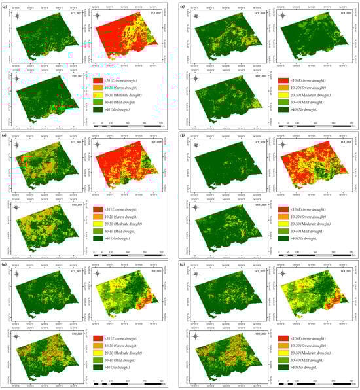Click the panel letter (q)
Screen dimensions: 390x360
[x=6, y=7]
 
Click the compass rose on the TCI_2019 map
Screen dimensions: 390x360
[x=99, y=142]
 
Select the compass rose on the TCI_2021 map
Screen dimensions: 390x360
[x=99, y=270]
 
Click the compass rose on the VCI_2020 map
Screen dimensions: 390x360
[x=191, y=142]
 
